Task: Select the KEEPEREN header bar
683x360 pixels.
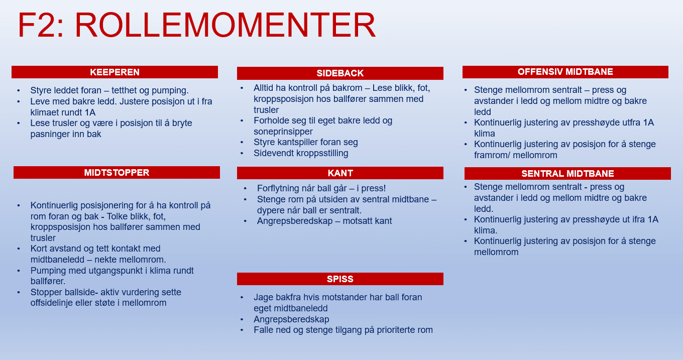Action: (115, 72)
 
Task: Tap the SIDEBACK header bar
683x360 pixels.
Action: (340, 73)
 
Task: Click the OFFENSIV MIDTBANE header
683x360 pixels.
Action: (565, 72)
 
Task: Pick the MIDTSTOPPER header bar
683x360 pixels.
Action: (117, 173)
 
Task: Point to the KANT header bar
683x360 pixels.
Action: (340, 173)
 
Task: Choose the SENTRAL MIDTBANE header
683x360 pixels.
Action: (567, 174)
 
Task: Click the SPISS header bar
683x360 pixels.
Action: (340, 279)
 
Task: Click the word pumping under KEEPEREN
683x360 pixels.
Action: (171, 91)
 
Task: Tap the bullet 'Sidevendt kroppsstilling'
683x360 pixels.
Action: (301, 153)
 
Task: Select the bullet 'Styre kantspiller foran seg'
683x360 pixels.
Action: (305, 142)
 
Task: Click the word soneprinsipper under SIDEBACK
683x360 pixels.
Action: (283, 132)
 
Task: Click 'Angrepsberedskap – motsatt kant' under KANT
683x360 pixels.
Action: (324, 221)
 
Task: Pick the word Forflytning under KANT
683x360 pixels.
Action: (280, 188)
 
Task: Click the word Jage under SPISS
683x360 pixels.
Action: (263, 297)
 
